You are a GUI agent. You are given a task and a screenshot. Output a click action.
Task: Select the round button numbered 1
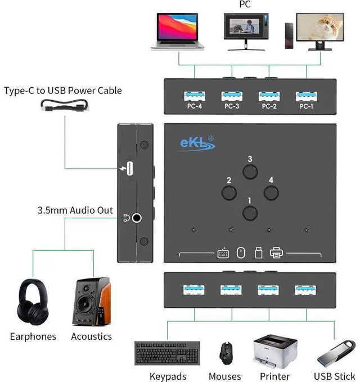coord(250,213)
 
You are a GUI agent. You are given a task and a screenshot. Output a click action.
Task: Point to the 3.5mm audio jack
coord(137,214)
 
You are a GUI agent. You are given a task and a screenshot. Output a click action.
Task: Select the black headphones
coord(33,301)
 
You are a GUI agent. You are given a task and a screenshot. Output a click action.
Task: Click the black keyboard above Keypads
coord(168,353)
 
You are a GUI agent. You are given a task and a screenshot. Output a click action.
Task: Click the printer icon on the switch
coord(276,254)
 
